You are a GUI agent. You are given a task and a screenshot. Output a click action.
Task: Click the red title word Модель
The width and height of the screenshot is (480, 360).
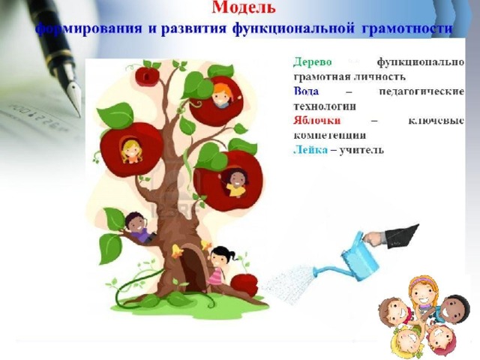[x=244, y=7]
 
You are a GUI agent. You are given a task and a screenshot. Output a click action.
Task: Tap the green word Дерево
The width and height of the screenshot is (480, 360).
[x=313, y=62]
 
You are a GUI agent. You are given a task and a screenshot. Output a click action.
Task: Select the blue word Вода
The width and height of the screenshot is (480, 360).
[x=306, y=91]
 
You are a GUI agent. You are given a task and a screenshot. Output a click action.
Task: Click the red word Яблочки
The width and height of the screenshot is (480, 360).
[x=316, y=120]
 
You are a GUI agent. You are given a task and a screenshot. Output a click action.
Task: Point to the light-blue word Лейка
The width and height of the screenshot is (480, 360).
[x=310, y=150]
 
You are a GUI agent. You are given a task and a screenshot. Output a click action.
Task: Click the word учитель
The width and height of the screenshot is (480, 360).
[x=361, y=150]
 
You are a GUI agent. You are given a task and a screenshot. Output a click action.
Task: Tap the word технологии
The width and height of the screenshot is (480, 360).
[x=325, y=106]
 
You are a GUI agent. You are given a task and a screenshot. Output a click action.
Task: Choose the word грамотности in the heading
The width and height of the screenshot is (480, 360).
[x=407, y=28]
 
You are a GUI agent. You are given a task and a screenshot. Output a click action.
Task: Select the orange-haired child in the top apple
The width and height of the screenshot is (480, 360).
[x=222, y=95]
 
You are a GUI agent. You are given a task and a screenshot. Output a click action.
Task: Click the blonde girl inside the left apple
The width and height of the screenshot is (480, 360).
[x=132, y=151]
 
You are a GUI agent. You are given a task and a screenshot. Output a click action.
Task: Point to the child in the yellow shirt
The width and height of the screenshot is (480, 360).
[x=235, y=183]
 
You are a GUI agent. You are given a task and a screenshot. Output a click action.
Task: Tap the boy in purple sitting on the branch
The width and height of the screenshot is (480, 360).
[x=139, y=227]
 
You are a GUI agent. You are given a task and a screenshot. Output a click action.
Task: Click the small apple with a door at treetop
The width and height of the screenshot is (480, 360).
[x=147, y=76]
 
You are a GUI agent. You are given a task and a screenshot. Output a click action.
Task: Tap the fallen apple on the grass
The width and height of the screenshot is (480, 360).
[x=244, y=285]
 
